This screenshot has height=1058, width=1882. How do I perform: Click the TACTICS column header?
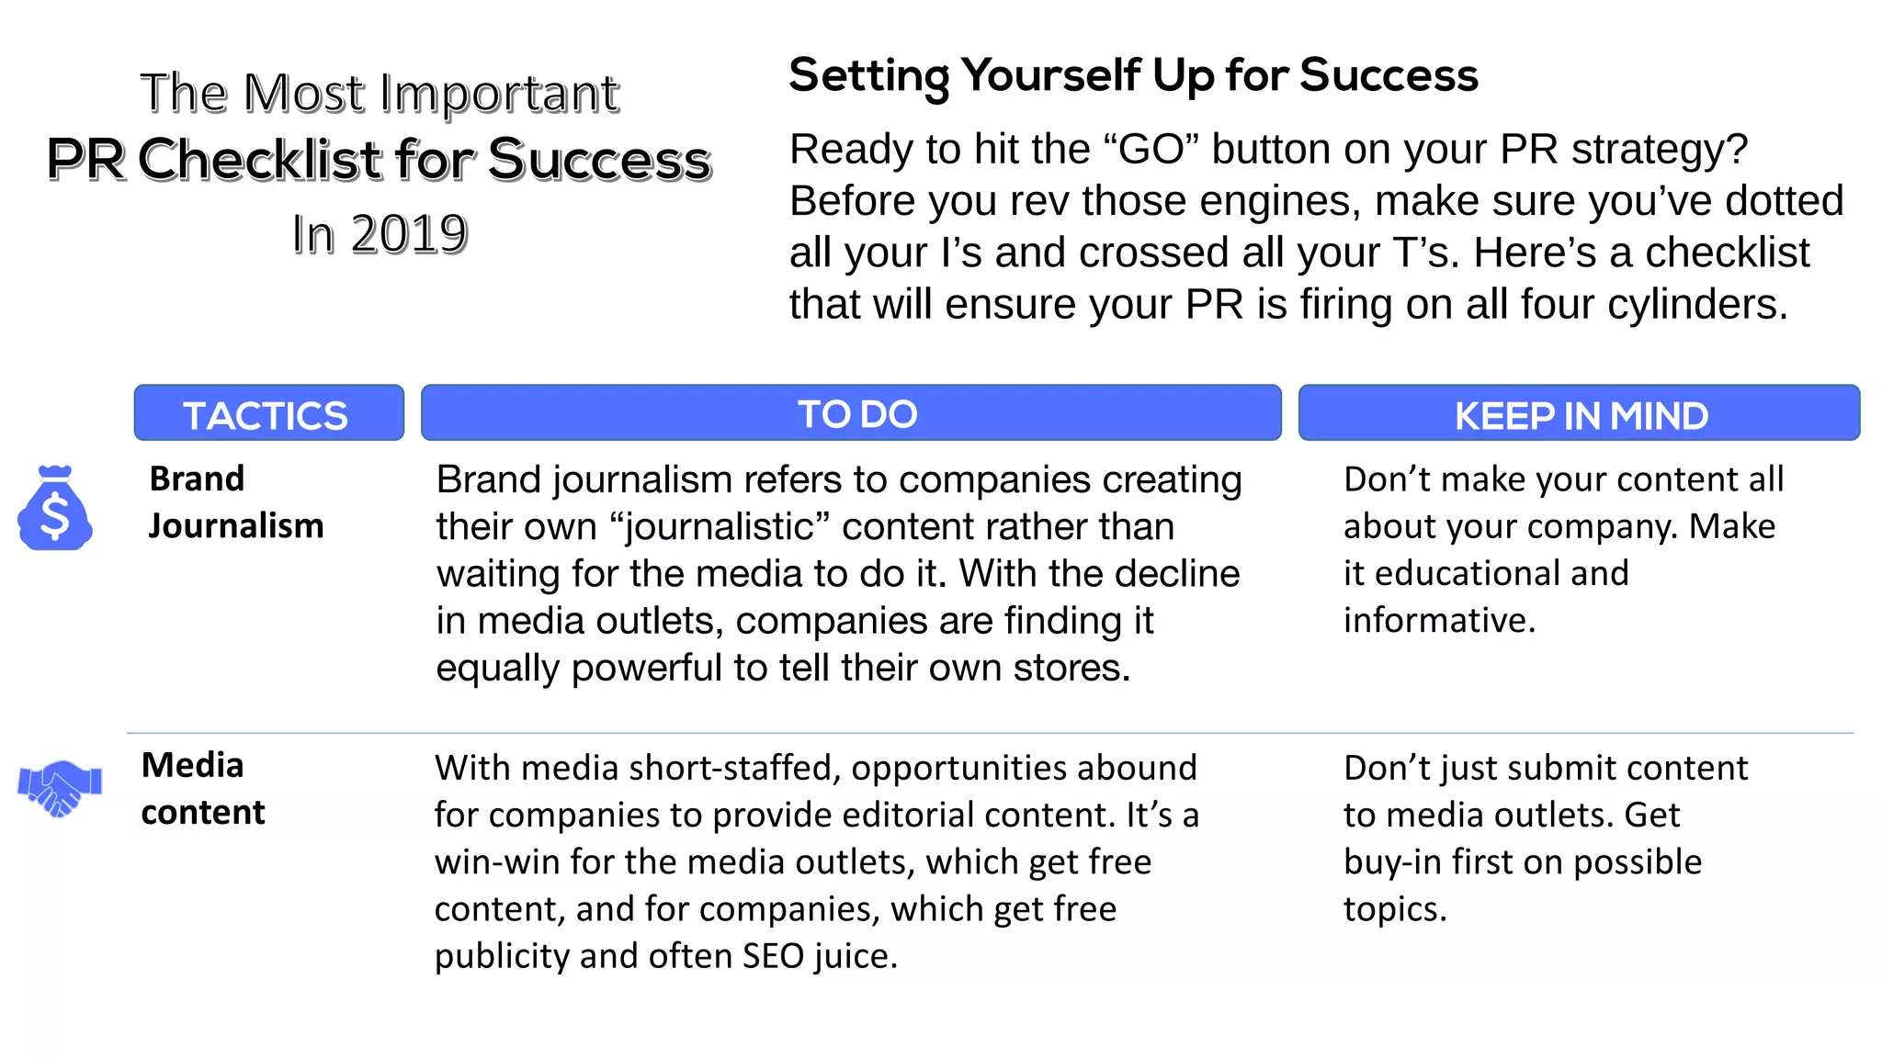click(x=267, y=414)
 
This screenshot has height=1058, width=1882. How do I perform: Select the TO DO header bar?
click(x=851, y=413)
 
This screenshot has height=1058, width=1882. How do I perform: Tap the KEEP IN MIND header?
click(x=1579, y=414)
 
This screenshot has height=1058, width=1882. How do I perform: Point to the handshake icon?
click(x=60, y=787)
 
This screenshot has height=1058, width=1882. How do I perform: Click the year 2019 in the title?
click(x=409, y=234)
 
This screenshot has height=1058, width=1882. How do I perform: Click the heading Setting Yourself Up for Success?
click(x=1133, y=75)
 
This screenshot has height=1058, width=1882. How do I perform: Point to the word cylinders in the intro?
click(x=1696, y=305)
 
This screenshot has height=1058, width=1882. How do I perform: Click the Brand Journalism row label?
click(x=235, y=502)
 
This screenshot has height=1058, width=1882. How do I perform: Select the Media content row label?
click(x=202, y=789)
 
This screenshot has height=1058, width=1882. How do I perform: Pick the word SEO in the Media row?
click(x=773, y=956)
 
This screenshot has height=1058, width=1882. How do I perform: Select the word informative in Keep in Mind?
click(x=1438, y=621)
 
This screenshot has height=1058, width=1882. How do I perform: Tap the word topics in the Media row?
click(x=1393, y=909)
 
